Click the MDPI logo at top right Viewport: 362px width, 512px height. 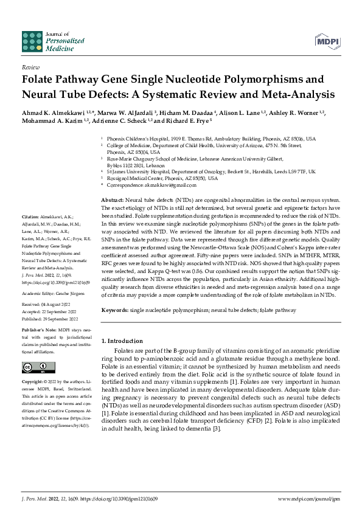coord(326,41)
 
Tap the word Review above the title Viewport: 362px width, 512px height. coord(30,68)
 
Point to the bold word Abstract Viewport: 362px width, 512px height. coord(112,200)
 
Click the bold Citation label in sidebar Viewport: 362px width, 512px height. coord(30,216)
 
